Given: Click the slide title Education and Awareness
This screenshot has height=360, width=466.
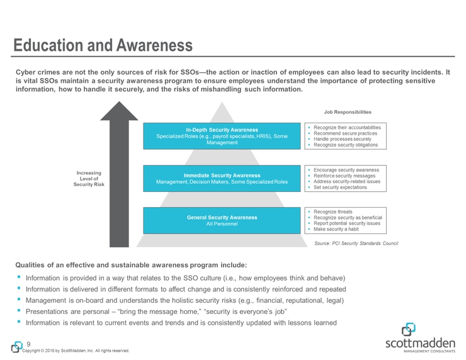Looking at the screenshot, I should click(104, 45).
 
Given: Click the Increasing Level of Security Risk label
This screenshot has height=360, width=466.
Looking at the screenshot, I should click(88, 178).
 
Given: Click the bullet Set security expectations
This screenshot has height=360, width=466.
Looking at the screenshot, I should click(342, 188).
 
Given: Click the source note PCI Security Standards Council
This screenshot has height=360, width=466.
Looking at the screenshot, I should click(356, 243).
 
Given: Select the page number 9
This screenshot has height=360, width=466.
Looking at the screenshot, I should click(28, 343).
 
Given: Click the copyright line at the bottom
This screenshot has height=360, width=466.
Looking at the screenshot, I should click(76, 351).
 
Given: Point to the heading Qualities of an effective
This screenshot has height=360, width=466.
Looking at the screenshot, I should click(131, 264).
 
